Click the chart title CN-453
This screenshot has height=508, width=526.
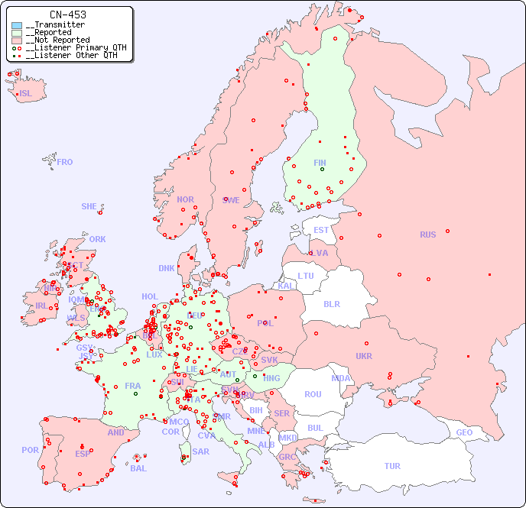pyautogui.click(x=67, y=15)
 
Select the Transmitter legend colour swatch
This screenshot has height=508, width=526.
pyautogui.click(x=17, y=25)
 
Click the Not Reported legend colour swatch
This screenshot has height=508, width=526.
pyautogui.click(x=17, y=40)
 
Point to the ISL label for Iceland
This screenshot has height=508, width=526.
pyautogui.click(x=26, y=94)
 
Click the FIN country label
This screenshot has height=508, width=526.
pyautogui.click(x=320, y=163)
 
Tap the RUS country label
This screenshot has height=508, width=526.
pyautogui.click(x=427, y=235)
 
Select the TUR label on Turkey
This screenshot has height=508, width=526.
pyautogui.click(x=392, y=466)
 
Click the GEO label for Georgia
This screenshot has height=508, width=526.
pyautogui.click(x=464, y=432)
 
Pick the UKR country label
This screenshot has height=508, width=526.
pyautogui.click(x=363, y=356)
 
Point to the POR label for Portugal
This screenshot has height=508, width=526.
pyautogui.click(x=30, y=450)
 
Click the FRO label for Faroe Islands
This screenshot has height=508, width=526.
pyautogui.click(x=65, y=162)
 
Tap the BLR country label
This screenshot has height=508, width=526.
pyautogui.click(x=331, y=303)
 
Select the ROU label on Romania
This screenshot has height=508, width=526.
pyautogui.click(x=313, y=394)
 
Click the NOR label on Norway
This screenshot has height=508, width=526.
pyautogui.click(x=185, y=199)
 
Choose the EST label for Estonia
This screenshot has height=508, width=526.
pyautogui.click(x=321, y=230)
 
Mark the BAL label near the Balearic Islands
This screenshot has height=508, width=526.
pyautogui.click(x=138, y=468)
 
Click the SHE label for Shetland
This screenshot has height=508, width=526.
pyautogui.click(x=89, y=206)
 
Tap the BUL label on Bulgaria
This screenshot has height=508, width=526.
pyautogui.click(x=315, y=428)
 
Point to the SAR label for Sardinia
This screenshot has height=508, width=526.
pyautogui.click(x=201, y=451)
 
